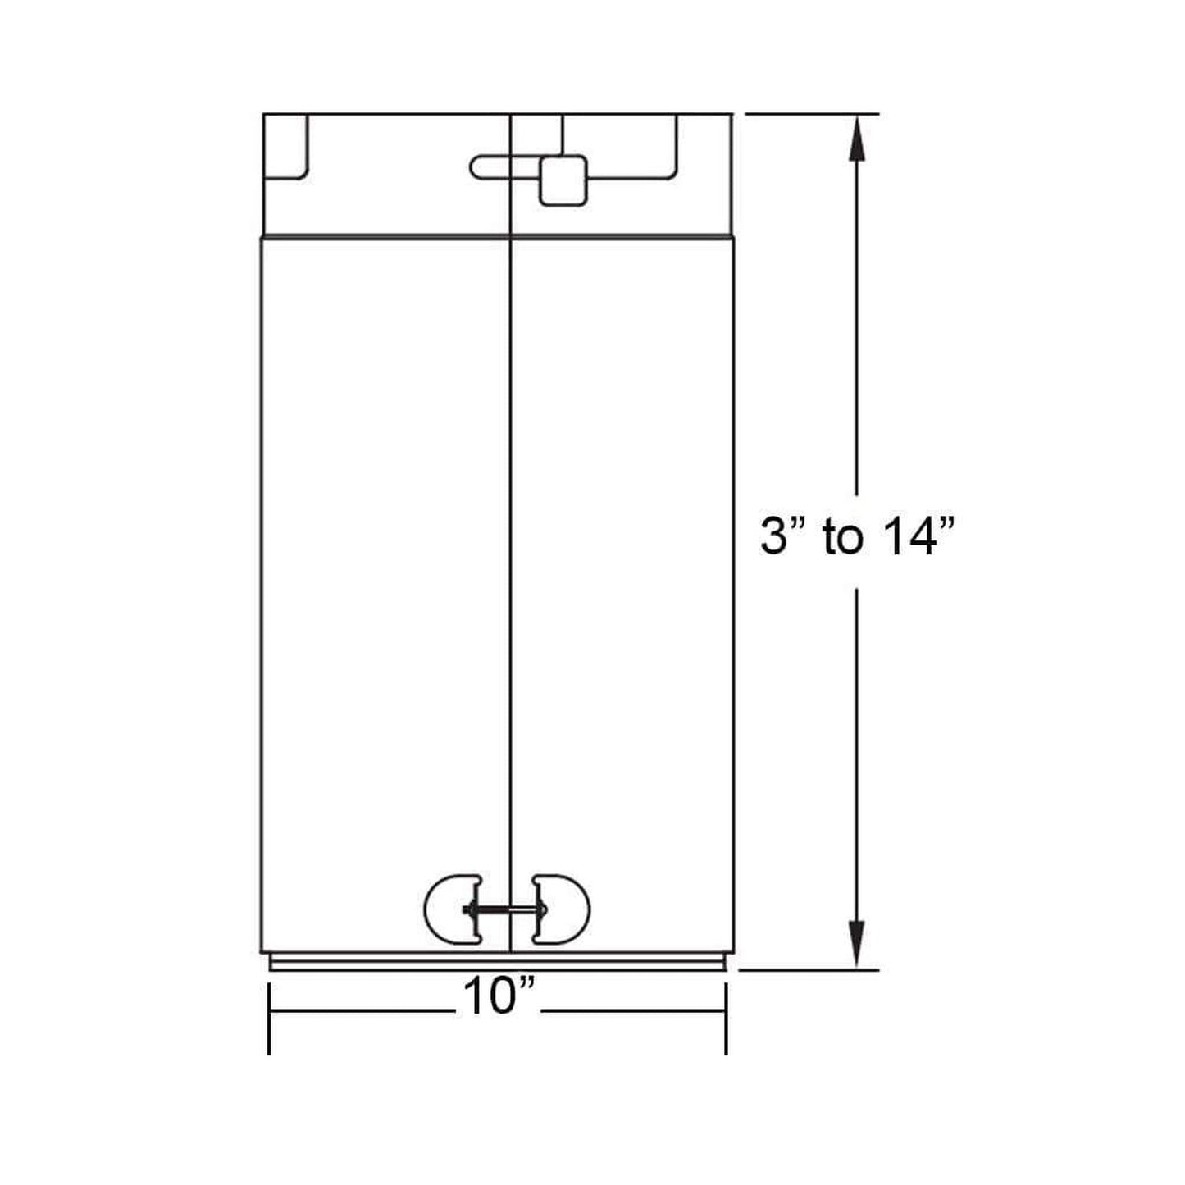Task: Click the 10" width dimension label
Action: point(499,997)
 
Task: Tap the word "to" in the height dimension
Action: point(843,539)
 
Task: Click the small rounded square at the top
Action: point(563,180)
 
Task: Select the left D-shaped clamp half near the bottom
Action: point(453,908)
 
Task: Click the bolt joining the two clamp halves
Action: point(507,909)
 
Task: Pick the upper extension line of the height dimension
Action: point(812,114)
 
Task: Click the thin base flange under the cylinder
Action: point(497,964)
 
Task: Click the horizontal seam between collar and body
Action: point(385,236)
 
